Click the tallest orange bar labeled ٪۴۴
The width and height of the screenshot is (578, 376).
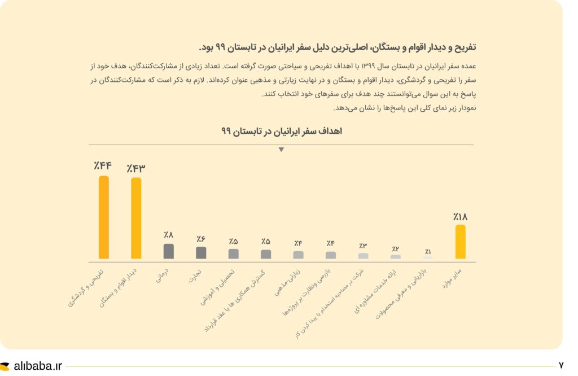103,217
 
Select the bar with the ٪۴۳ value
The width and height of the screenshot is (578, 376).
136,218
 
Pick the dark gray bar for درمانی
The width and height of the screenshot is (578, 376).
169,251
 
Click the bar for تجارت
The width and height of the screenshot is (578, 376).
201,252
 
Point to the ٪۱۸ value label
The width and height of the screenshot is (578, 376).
460,216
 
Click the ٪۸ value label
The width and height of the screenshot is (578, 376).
169,235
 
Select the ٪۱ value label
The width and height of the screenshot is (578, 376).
428,252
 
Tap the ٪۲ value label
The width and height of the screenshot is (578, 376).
396,249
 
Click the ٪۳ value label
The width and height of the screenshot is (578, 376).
363,246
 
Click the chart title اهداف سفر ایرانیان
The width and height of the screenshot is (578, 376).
282,132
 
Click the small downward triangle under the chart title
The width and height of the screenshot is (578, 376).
281,150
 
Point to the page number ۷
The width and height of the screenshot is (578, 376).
561,366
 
